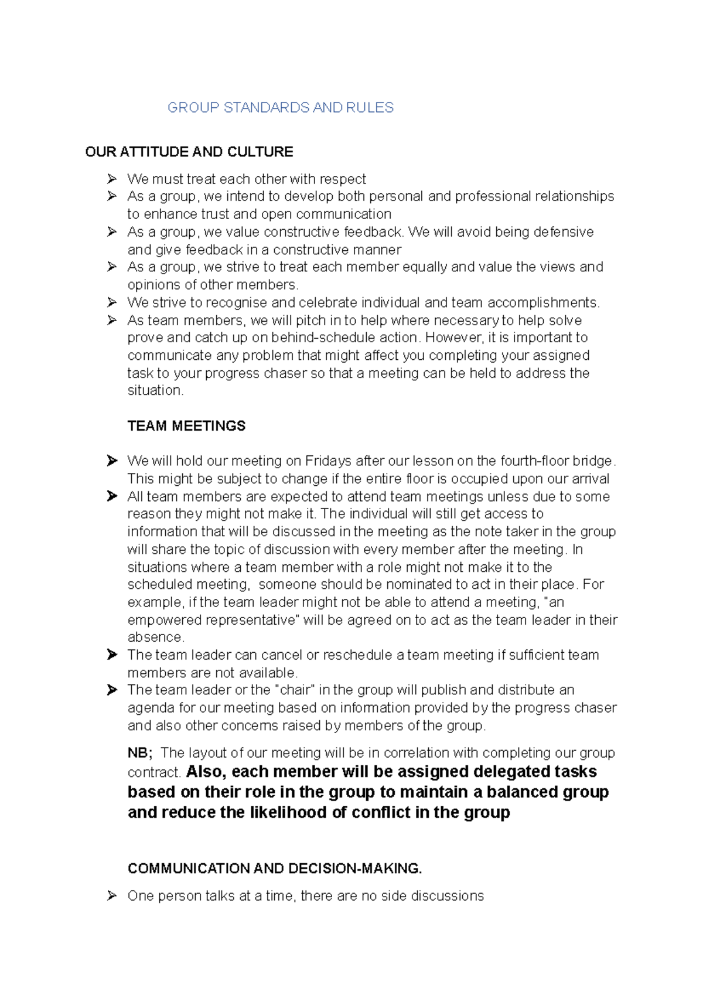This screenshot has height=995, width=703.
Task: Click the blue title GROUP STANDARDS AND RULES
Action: [x=280, y=108]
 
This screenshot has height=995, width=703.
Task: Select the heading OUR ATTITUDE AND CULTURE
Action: [x=189, y=152]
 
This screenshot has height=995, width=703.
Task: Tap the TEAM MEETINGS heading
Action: [x=186, y=426]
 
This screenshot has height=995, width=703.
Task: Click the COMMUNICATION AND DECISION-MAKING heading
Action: [x=275, y=868]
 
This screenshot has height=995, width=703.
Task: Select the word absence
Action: [x=155, y=638]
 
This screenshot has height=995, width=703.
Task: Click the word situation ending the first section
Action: [x=155, y=391]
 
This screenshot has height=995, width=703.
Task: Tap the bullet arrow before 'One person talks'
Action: [x=112, y=896]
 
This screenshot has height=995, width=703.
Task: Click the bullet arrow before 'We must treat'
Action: [x=112, y=179]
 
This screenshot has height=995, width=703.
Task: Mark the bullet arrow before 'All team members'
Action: [x=112, y=496]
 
